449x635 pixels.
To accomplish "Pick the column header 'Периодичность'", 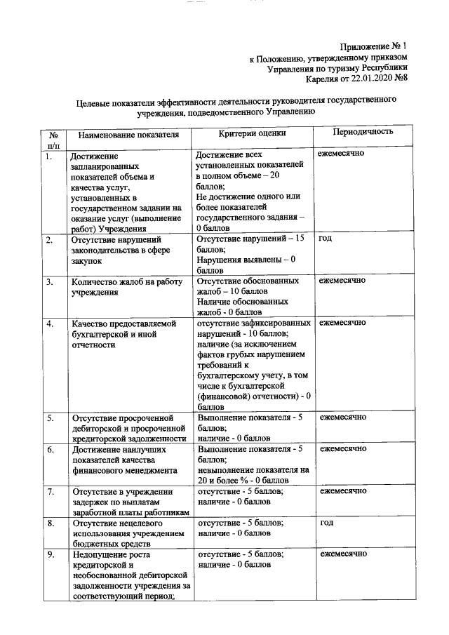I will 363,132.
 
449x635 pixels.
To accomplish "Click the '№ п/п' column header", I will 53,139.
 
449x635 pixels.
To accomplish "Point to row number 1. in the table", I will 49,156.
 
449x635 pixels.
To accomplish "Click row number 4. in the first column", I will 50,324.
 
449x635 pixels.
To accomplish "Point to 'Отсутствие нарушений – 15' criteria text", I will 250,239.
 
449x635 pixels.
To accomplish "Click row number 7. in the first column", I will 50,492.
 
